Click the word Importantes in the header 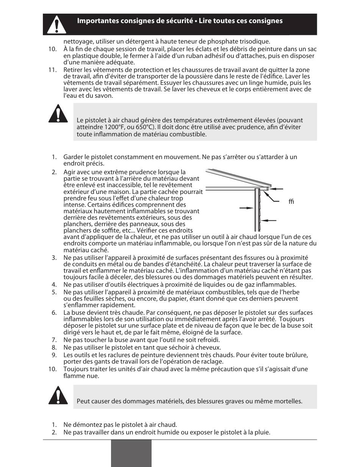pos(94,21)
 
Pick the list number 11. pos(53,70)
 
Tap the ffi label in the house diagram pos(291,201)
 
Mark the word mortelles pos(288,401)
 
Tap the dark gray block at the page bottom pos(131,453)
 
